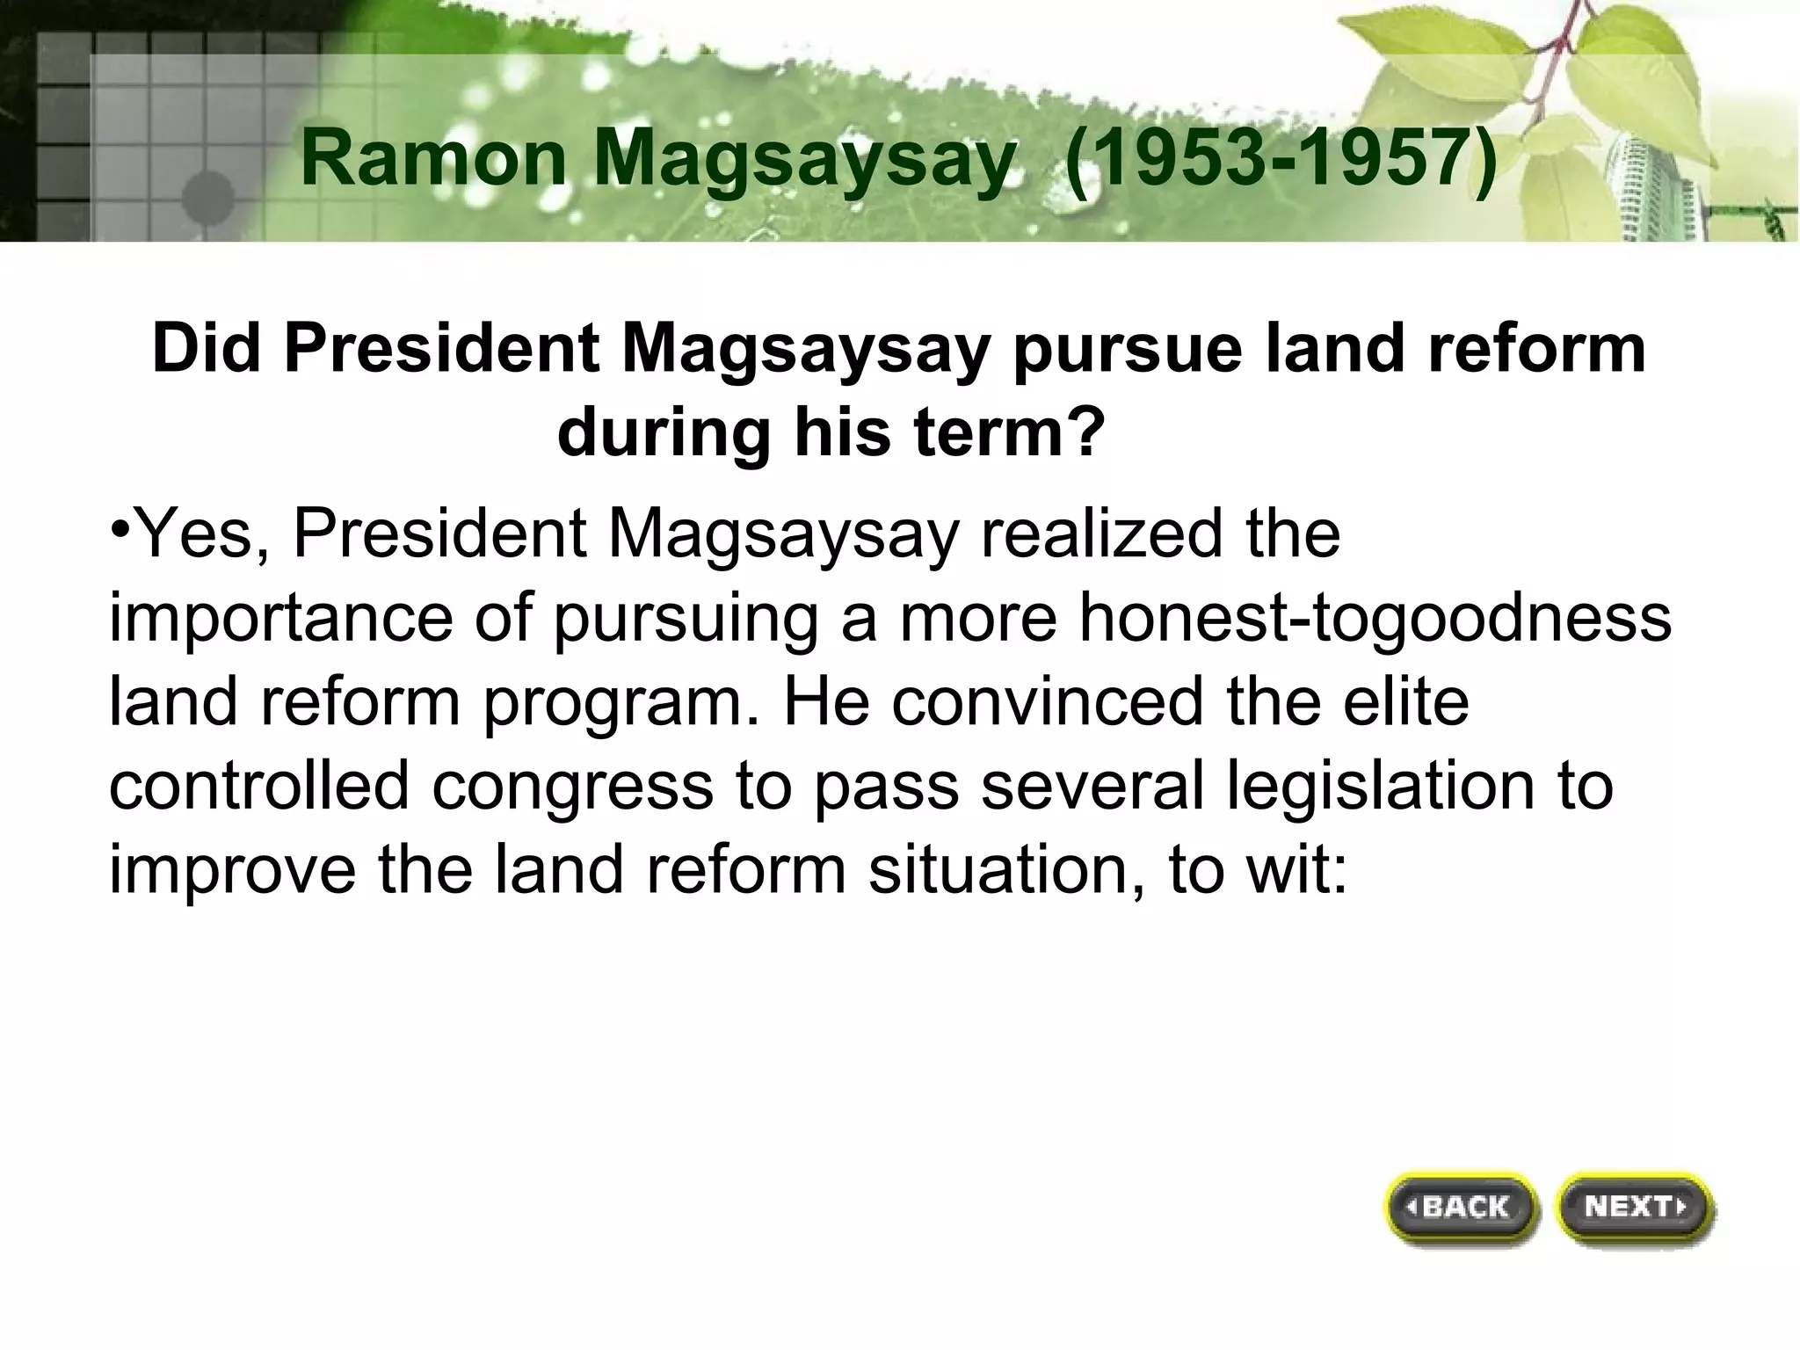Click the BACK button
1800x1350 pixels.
click(x=1463, y=1208)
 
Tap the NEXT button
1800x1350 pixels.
click(x=1634, y=1206)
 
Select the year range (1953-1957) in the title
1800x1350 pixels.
click(x=1281, y=159)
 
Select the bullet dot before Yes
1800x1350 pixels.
click(x=121, y=531)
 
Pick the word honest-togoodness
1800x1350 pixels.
click(x=1375, y=618)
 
